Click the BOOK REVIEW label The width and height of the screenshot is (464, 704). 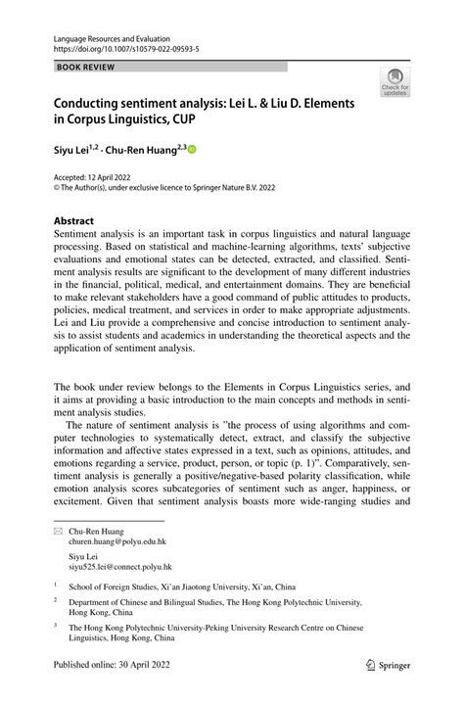tap(87, 67)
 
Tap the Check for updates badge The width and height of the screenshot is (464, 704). tap(395, 82)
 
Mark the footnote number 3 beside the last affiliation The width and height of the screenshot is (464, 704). tap(56, 624)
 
